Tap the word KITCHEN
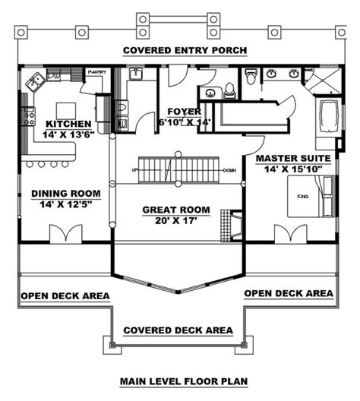[69, 124]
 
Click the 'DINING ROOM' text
[62, 194]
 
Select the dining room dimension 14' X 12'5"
[62, 205]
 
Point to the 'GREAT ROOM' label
[178, 209]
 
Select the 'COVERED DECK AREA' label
[177, 331]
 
